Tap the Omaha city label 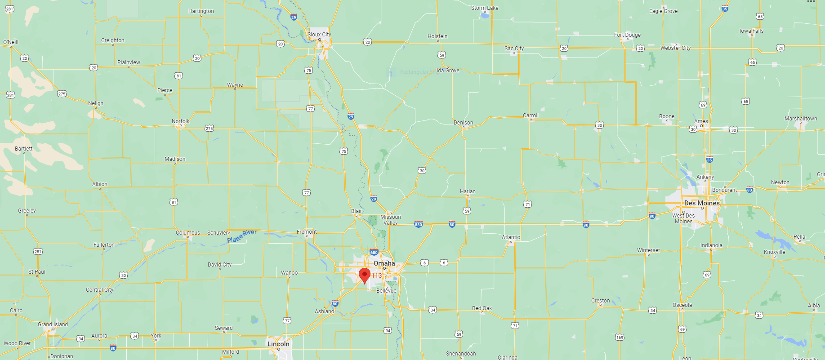pos(384,263)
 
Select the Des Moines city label pos(702,203)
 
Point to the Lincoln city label pos(278,344)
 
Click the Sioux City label pos(319,35)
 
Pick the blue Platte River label pos(242,236)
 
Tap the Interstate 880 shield pos(419,224)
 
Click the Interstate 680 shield pos(374,252)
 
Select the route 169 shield pos(620,337)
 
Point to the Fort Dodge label pos(627,35)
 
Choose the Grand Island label pos(53,324)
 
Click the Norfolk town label pos(180,121)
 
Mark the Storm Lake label pos(485,8)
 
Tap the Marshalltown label pos(801,119)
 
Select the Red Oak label pos(482,308)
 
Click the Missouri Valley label pos(390,220)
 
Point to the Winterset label pos(648,250)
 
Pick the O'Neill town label pos(11,42)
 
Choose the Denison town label pos(463,123)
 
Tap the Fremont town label pos(307,232)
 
